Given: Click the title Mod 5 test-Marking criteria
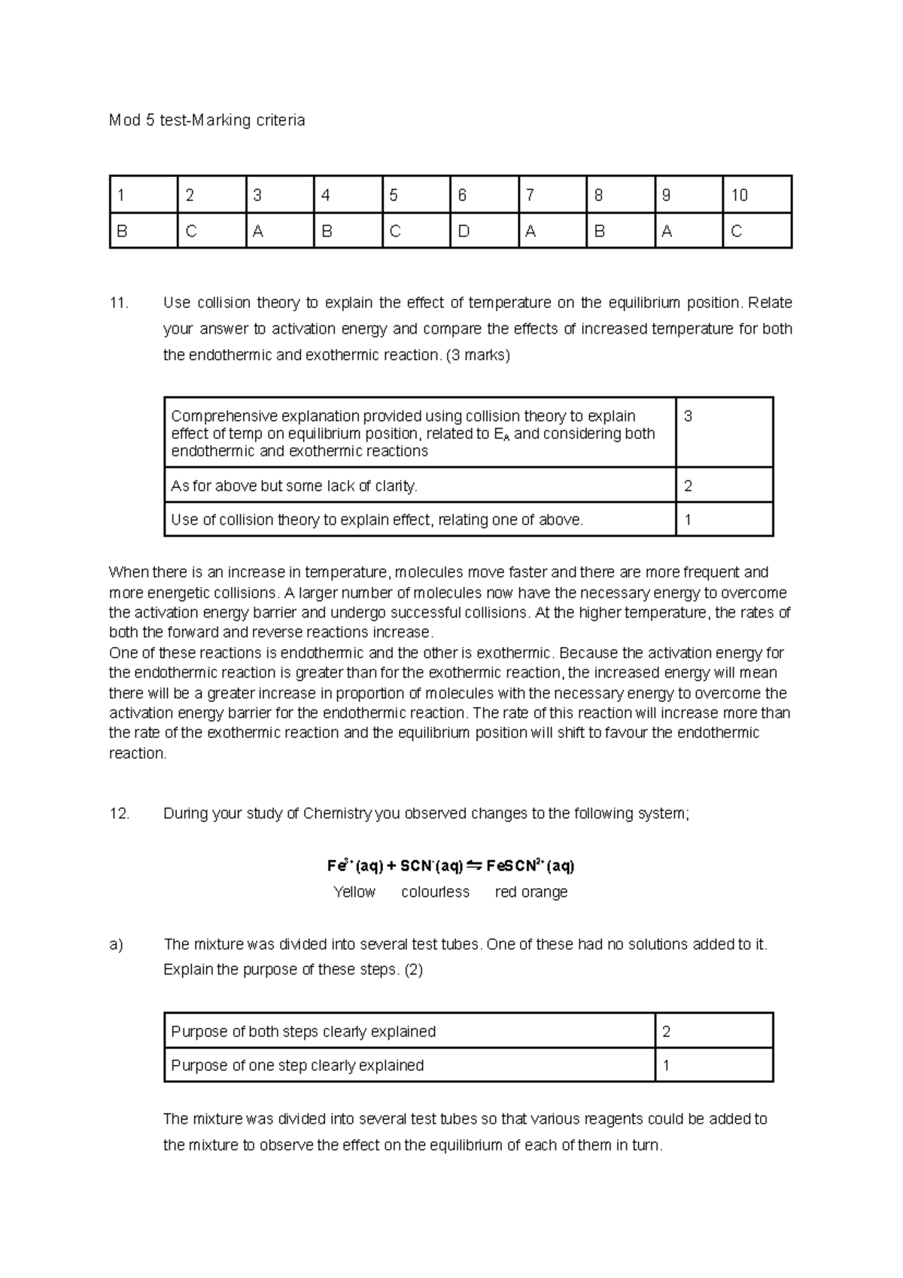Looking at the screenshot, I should coord(207,120).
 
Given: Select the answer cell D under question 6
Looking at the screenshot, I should coord(483,231).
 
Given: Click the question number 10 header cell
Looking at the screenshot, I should coord(756,195).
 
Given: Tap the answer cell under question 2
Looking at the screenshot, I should coord(211,231).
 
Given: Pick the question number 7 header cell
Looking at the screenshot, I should coord(552,195).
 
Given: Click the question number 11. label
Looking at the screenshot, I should coord(119,303).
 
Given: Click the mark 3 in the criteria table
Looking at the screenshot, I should coord(688,416).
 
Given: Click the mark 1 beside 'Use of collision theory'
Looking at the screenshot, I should coord(688,520).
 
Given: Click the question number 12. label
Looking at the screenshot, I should coord(119,814).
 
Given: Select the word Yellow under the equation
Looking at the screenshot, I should coord(354,892).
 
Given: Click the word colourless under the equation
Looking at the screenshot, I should coord(435,892).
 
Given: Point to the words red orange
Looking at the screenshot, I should coord(531,892).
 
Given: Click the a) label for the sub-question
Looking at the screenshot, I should coord(116,944).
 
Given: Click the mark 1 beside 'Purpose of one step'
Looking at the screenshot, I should coord(666,1066).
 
